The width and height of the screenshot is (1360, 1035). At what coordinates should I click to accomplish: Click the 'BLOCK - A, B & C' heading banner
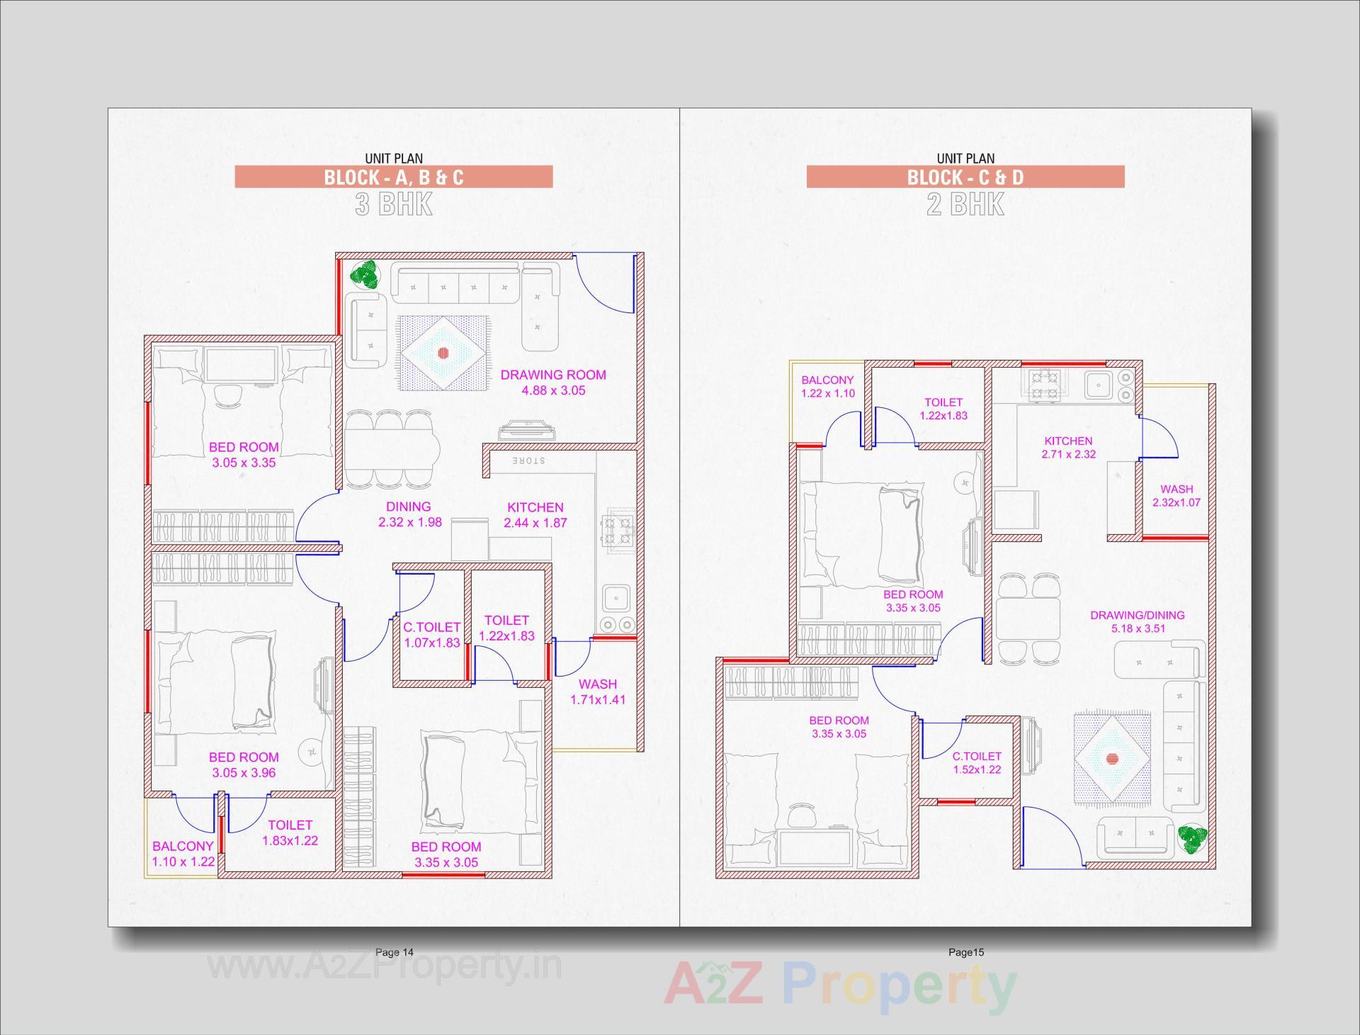[x=393, y=176]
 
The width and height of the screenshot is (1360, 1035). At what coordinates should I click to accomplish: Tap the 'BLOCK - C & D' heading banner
[x=965, y=176]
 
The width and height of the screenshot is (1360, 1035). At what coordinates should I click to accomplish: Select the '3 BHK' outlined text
[x=393, y=205]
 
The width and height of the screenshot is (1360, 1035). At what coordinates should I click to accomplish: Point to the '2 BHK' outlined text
[x=965, y=205]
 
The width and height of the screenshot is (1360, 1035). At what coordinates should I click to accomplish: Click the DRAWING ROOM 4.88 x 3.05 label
[x=553, y=383]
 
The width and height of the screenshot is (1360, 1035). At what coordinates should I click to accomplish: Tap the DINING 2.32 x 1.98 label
[x=409, y=514]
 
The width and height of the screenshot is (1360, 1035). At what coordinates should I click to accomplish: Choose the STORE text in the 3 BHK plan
[x=528, y=461]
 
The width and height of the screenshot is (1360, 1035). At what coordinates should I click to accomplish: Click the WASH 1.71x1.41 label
[x=598, y=692]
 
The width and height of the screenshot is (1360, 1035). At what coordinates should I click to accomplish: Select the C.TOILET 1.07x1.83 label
[x=431, y=635]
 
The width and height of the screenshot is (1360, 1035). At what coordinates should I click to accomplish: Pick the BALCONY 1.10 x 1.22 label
[x=183, y=854]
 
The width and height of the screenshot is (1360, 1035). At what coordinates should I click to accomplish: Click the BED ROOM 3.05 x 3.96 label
[x=244, y=764]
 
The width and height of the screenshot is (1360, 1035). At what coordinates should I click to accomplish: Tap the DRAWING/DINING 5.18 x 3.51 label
[x=1137, y=622]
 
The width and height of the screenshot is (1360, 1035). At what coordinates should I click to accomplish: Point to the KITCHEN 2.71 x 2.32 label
[x=1068, y=448]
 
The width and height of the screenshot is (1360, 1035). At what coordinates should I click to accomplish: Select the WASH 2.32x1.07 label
[x=1177, y=496]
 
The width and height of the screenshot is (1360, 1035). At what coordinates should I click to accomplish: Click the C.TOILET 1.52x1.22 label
[x=977, y=763]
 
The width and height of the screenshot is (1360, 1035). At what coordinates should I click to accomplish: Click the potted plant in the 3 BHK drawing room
[x=367, y=275]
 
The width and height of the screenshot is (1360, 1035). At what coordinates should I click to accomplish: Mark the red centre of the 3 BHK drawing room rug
[x=443, y=352]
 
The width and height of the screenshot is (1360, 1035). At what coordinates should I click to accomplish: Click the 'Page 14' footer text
[x=394, y=952]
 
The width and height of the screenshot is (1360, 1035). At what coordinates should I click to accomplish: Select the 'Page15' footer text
[x=966, y=952]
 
